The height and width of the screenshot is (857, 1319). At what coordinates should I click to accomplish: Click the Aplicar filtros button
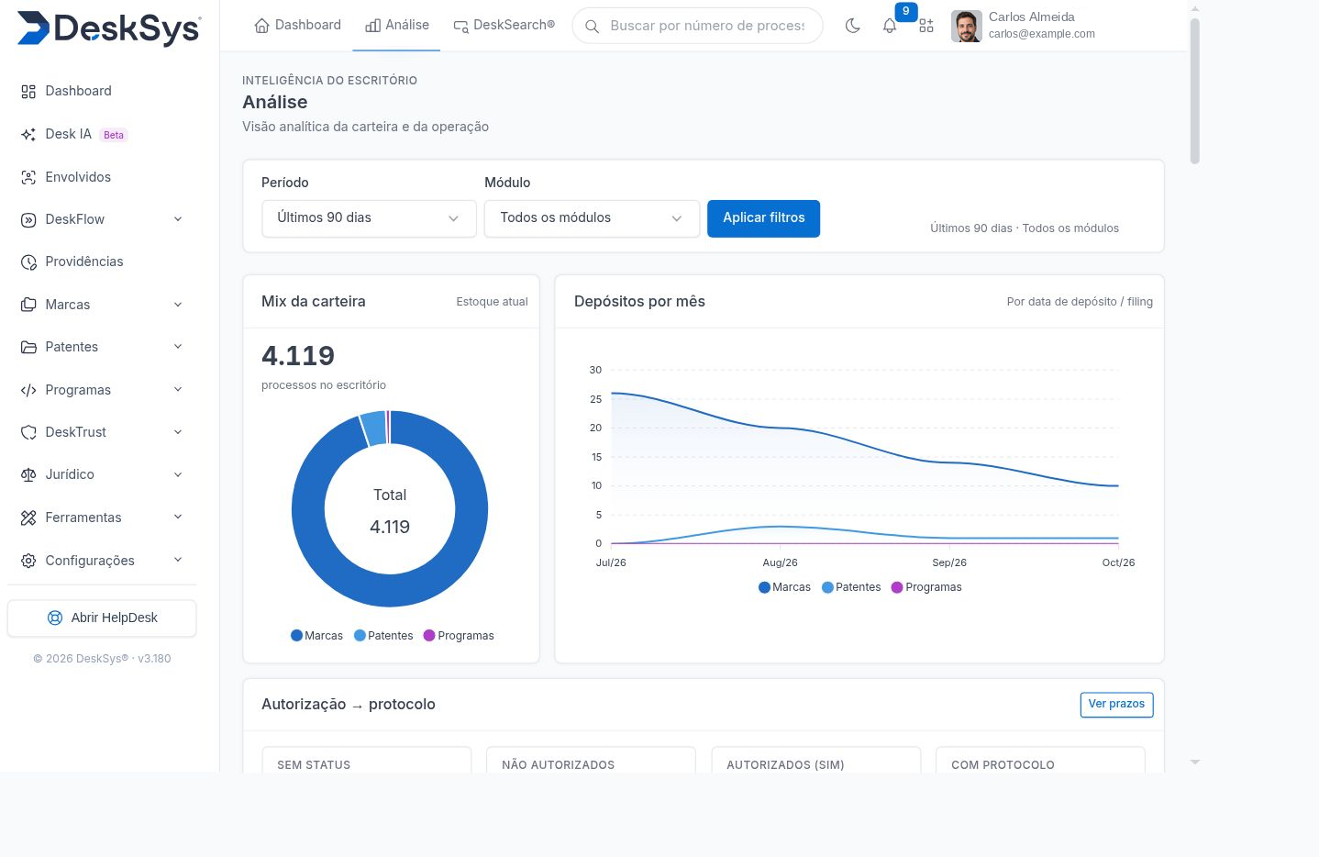763,218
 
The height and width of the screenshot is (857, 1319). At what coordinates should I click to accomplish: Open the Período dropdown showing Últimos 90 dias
369,218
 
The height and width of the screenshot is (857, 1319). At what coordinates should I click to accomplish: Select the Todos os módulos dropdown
592,218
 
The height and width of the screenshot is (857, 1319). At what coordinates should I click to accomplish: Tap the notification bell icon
889,26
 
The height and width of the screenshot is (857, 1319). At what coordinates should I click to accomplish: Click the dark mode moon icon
852,26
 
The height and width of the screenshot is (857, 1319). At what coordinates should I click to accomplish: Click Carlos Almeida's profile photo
966,26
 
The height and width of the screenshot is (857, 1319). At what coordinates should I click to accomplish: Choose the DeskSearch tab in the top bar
504,26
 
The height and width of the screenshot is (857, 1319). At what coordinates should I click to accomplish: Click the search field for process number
697,26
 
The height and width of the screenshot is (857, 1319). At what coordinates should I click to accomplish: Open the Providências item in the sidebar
84,262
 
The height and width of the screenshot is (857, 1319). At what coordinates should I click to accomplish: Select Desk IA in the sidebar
68,134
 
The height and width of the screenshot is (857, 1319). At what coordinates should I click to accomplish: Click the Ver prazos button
1116,705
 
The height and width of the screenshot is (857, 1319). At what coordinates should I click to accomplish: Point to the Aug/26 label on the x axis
780,562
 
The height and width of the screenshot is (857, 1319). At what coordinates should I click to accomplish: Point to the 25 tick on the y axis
596,399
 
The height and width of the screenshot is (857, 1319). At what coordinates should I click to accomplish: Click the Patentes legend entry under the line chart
851,587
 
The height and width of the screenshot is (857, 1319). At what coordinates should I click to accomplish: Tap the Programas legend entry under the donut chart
459,636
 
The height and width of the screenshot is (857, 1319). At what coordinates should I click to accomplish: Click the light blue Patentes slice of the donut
373,428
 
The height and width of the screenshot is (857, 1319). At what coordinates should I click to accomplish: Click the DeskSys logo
109,28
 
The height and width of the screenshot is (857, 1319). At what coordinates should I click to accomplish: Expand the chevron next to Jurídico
178,474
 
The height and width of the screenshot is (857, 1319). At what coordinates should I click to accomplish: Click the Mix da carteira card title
314,302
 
